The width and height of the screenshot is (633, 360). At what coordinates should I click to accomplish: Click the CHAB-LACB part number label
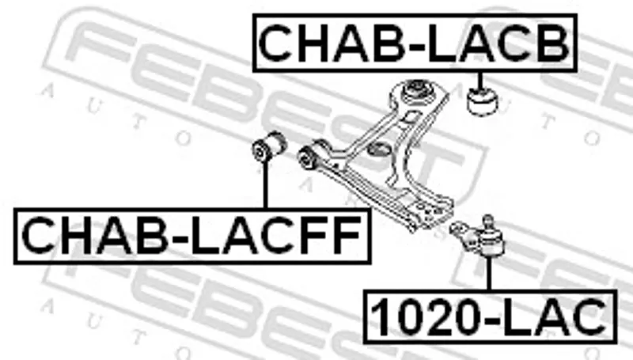click(x=415, y=43)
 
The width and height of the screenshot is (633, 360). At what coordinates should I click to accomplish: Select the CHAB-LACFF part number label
click(x=192, y=236)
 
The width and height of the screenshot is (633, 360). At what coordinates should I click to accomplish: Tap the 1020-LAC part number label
click(x=490, y=316)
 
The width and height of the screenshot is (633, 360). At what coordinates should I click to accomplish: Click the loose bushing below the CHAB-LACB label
click(x=482, y=101)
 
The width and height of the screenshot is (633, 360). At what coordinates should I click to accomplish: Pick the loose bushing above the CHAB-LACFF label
click(x=268, y=146)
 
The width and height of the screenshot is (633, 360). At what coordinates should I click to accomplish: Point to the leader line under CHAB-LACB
click(x=480, y=81)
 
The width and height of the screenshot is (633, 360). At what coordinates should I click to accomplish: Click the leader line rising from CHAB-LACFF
click(x=265, y=184)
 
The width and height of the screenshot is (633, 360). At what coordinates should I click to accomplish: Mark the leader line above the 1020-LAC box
click(x=489, y=273)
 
